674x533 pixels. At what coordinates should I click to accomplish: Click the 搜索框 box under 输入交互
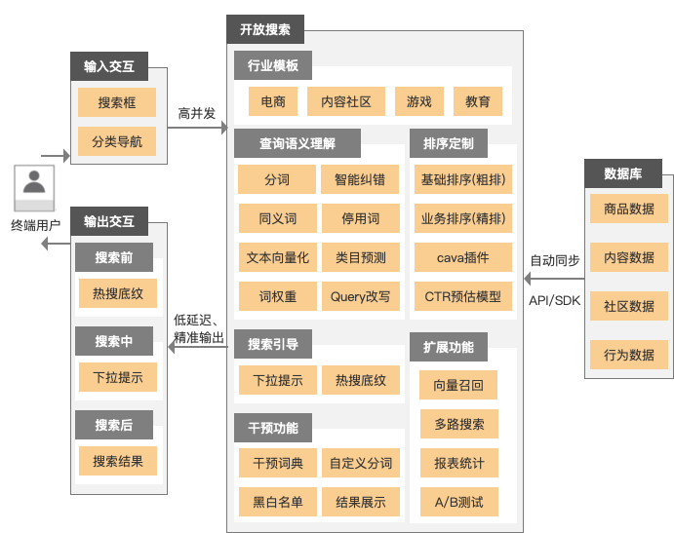click(x=117, y=102)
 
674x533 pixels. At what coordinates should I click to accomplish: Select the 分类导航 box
click(x=117, y=141)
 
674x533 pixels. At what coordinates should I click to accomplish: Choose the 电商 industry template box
click(x=266, y=101)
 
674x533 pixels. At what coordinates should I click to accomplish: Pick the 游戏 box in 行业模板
click(x=419, y=101)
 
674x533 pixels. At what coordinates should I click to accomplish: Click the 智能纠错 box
click(x=360, y=179)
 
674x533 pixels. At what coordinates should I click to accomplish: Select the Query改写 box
click(x=360, y=296)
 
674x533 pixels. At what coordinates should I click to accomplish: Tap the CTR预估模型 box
click(x=463, y=296)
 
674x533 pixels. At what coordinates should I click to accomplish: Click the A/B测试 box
click(x=458, y=503)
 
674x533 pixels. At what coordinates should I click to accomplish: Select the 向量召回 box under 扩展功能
click(x=458, y=385)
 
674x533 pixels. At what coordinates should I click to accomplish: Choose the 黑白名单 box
click(x=278, y=503)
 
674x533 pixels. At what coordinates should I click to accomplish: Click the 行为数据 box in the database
click(x=629, y=354)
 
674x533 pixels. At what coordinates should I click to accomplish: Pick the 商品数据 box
click(x=629, y=209)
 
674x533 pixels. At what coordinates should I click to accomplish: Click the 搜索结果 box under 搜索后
click(x=117, y=461)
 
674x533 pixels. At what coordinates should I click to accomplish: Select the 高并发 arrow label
click(x=196, y=113)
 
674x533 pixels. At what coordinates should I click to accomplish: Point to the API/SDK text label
click(x=554, y=300)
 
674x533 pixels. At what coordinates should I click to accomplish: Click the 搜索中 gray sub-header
click(x=114, y=341)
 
